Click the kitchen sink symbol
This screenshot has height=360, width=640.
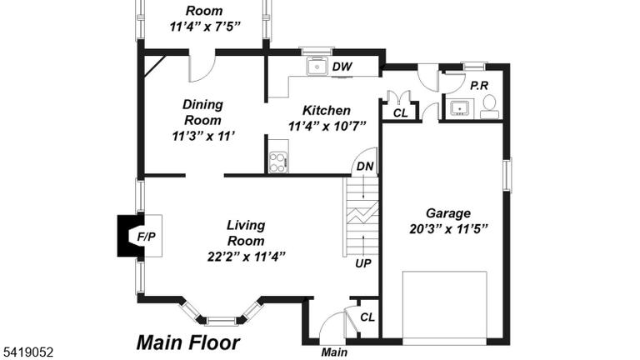click(x=317, y=67)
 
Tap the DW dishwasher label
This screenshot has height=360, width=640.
click(x=342, y=67)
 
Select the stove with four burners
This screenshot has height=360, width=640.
click(x=278, y=162)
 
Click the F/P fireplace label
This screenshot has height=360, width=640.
click(x=146, y=237)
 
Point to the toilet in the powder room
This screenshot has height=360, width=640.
click(x=489, y=106)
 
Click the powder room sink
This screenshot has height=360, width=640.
click(x=460, y=108)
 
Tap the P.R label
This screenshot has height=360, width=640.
click(x=479, y=86)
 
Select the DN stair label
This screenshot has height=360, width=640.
click(x=365, y=166)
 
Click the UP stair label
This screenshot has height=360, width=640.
click(x=362, y=263)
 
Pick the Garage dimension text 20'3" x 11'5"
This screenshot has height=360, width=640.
click(x=448, y=229)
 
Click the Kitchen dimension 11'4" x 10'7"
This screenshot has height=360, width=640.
click(x=327, y=126)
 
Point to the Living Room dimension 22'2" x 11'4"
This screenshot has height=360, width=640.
click(x=246, y=257)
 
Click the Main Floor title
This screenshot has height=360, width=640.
click(x=188, y=342)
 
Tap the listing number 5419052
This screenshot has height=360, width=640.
click(x=28, y=352)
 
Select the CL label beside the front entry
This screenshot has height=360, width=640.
click(x=367, y=317)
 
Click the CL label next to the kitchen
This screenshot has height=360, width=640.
click(x=400, y=113)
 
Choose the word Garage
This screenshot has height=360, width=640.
click(x=448, y=213)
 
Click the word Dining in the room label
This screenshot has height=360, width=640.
click(x=202, y=104)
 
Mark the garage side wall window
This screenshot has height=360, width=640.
click(x=507, y=175)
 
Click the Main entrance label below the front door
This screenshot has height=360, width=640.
click(x=334, y=352)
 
